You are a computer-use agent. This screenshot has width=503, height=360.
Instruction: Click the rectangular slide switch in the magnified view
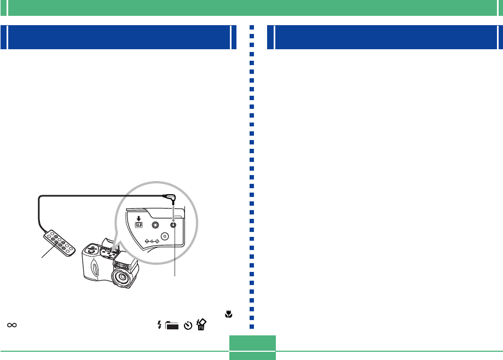(138, 224)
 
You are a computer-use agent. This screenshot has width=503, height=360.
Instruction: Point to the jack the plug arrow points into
(174, 224)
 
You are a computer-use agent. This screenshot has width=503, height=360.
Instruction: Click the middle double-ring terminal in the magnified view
(155, 224)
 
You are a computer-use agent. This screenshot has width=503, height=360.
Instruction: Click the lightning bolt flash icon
(160, 326)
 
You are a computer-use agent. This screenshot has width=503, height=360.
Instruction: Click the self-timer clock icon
(188, 326)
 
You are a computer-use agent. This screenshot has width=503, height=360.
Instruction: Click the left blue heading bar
(117, 37)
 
